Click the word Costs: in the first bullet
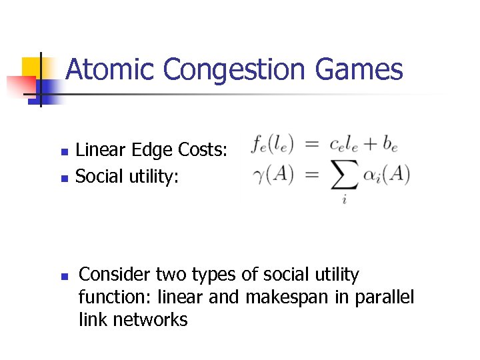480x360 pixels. (x=203, y=151)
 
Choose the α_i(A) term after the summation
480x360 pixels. (x=386, y=175)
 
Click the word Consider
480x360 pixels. (x=114, y=274)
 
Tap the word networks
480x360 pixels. (x=150, y=319)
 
